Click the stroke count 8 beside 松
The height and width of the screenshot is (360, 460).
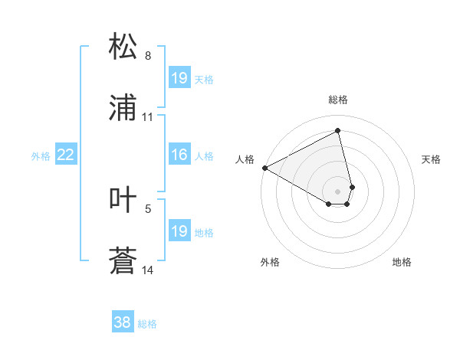tap(148, 55)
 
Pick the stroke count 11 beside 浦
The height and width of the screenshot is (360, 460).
tap(148, 117)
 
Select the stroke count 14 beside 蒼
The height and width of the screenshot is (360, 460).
tap(148, 270)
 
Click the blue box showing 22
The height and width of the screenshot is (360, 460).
tap(65, 155)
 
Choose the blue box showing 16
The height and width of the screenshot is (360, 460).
tap(179, 155)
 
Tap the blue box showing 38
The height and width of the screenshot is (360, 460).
tap(122, 322)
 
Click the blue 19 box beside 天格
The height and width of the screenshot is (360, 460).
tap(179, 78)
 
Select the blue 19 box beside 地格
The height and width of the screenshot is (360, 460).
tap(179, 231)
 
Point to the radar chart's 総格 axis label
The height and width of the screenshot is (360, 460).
tap(338, 100)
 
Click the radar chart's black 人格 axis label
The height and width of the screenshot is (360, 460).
tap(245, 159)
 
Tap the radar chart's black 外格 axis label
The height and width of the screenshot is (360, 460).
tap(270, 262)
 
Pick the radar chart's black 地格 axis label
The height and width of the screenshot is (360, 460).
tap(402, 262)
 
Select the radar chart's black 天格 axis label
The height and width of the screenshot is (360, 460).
tap(431, 159)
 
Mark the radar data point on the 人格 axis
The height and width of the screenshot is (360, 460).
tap(264, 168)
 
